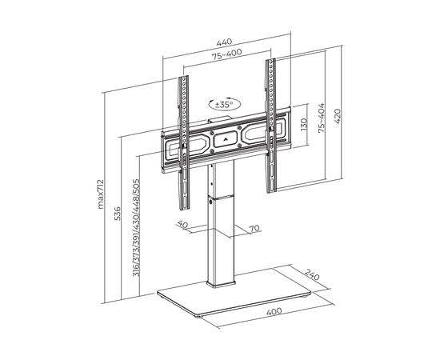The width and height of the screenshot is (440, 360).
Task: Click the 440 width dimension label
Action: tap(224, 42)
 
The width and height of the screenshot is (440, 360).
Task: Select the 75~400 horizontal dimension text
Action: tap(226, 54)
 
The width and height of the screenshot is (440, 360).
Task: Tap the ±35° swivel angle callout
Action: tap(225, 104)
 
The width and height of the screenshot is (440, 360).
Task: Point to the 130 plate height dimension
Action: tap(304, 125)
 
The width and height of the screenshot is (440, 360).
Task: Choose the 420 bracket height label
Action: tap(338, 116)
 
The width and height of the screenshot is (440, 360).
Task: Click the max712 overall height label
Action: tap(101, 194)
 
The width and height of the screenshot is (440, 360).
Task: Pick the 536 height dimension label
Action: tap(118, 214)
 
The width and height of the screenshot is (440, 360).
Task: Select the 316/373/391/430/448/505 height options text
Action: tap(136, 227)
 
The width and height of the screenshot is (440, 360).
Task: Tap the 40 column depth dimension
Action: tap(182, 224)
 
